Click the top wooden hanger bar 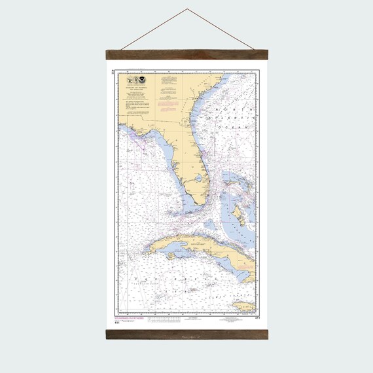pyautogui.click(x=186, y=55)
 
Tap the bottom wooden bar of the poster pyautogui.click(x=186, y=334)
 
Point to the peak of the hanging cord pyautogui.click(x=186, y=9)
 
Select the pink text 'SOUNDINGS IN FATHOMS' pyautogui.click(x=127, y=319)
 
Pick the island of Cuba pyautogui.click(x=196, y=245)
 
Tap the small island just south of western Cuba pyautogui.click(x=171, y=256)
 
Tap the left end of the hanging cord pyautogui.click(x=122, y=48)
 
